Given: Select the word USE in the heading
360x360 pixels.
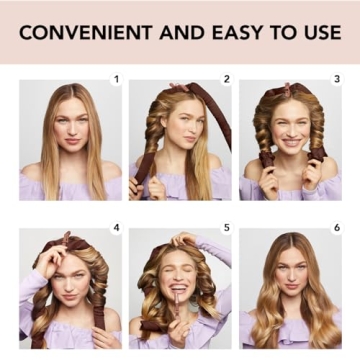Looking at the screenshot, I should pos(318,32).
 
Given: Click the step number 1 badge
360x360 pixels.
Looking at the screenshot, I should pos(116,78).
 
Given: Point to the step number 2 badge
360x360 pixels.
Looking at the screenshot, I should pos(226,78).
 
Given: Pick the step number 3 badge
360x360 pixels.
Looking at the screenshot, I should pos(336,78).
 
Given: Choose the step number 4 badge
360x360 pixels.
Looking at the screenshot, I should pos(116,228).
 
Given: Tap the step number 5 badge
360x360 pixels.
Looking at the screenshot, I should pos(226,228).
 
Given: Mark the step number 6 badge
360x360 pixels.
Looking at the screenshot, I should pos(336,228).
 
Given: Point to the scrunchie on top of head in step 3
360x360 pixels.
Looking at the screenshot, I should pos(290,90).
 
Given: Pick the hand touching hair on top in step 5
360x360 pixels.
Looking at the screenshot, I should pos(186,240).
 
